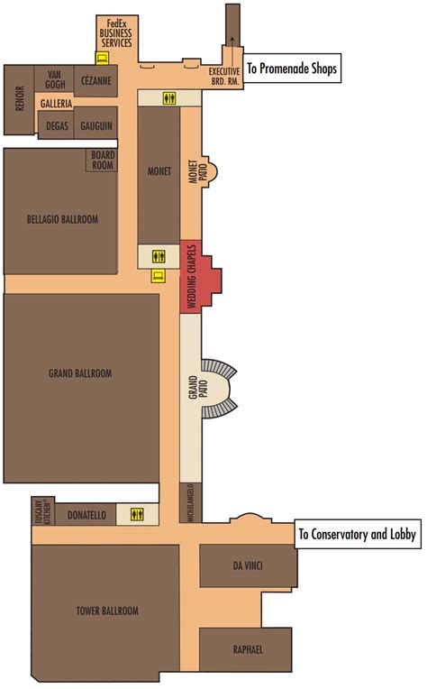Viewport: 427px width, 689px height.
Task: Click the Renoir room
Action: [x=19, y=100]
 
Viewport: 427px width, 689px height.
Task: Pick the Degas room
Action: [x=57, y=125]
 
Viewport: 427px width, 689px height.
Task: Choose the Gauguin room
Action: [x=96, y=125]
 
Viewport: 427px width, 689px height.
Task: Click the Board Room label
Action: [x=103, y=160]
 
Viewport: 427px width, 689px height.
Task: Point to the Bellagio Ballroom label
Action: [x=62, y=219]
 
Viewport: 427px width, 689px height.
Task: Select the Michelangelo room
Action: [x=191, y=501]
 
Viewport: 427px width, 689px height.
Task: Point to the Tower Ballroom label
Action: [x=108, y=611]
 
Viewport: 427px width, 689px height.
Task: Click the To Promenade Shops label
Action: [x=293, y=69]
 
